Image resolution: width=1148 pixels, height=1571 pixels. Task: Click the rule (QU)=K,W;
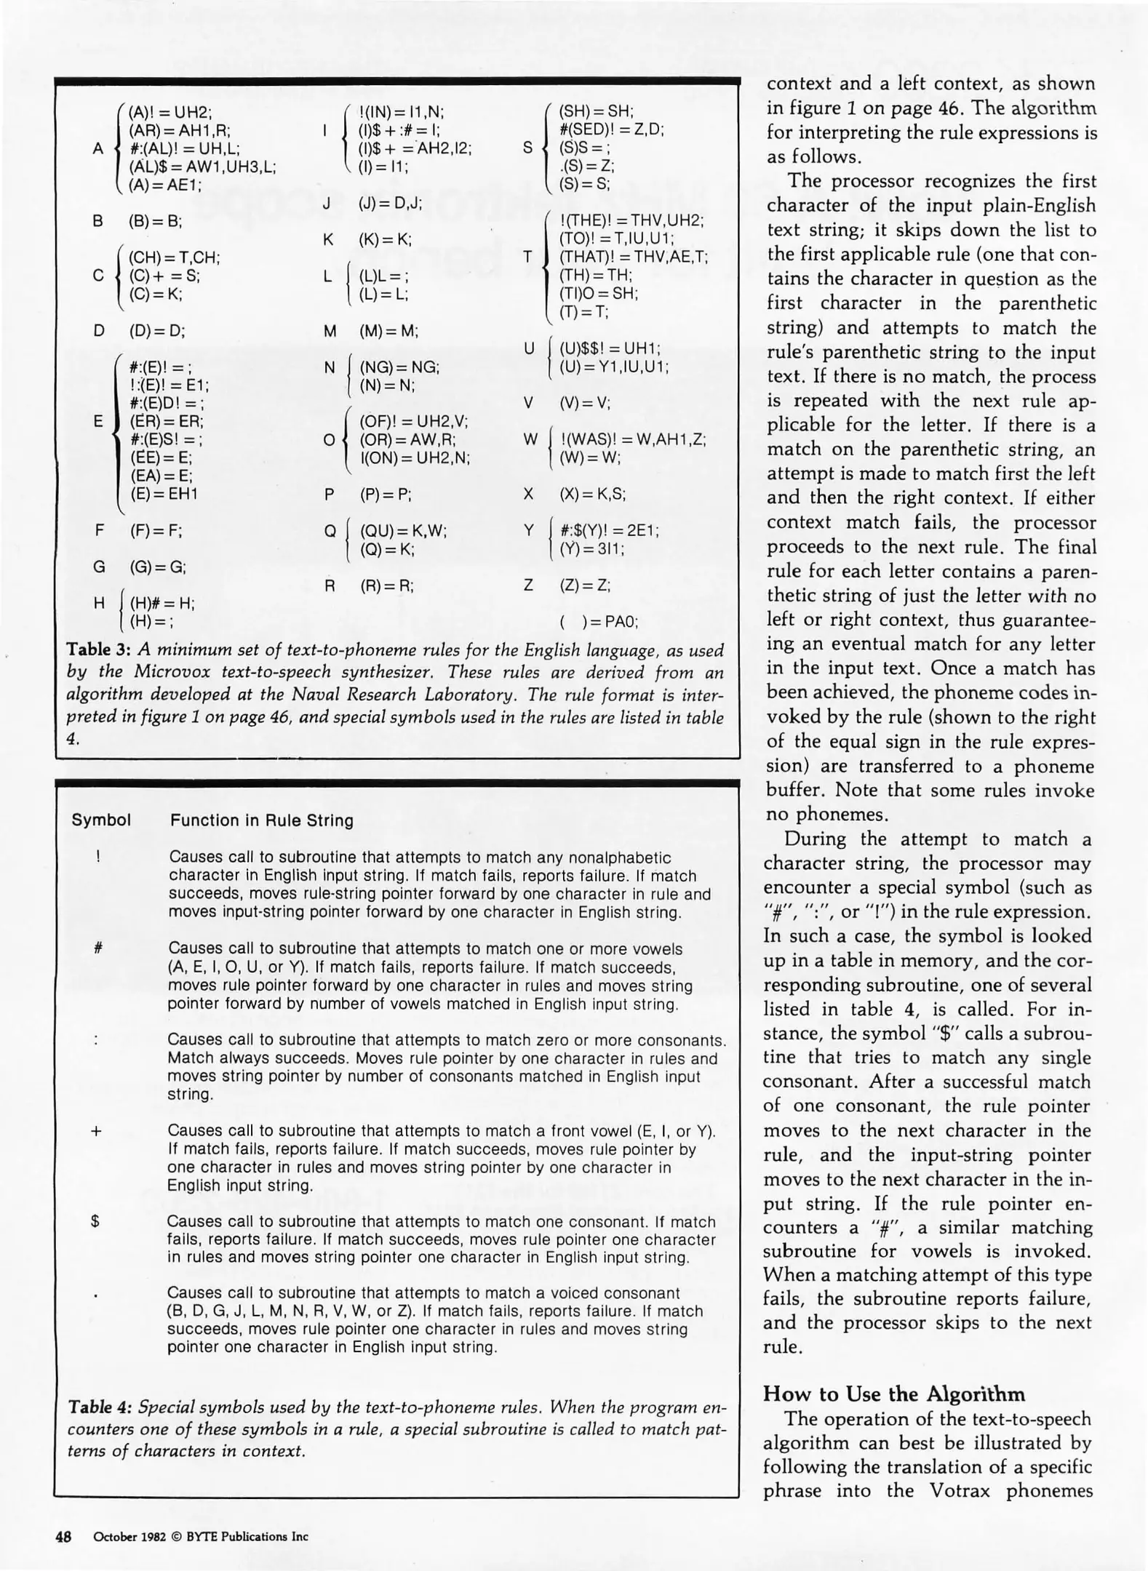pos(403,531)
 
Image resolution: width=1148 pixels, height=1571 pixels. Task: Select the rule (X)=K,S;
pos(592,495)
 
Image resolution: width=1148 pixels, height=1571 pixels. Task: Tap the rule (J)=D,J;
pos(390,204)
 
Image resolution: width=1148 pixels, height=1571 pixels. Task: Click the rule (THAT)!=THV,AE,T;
pos(633,257)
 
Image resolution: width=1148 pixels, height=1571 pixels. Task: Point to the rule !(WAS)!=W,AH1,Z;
pos(633,439)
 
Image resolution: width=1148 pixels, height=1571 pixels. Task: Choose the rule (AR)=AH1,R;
pos(179,131)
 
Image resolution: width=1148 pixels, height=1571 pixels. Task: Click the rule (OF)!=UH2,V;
pos(413,422)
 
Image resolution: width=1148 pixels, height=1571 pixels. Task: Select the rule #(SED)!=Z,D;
pos(611,129)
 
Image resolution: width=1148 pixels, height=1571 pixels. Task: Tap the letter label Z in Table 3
pos(529,585)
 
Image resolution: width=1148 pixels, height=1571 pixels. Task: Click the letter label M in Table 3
pos(330,331)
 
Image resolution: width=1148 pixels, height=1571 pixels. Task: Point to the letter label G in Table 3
pos(99,567)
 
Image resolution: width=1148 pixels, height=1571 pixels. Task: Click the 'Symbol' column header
pos(101,820)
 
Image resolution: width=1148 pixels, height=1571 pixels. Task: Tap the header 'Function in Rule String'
pos(262,820)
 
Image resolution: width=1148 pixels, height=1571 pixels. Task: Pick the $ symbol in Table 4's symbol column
pos(95,1223)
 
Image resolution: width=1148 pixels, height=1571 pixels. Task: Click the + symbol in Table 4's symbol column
pos(96,1132)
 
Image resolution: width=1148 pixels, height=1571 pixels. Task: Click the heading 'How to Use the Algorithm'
pos(894,1394)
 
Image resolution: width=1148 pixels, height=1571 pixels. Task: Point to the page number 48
pos(63,1537)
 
